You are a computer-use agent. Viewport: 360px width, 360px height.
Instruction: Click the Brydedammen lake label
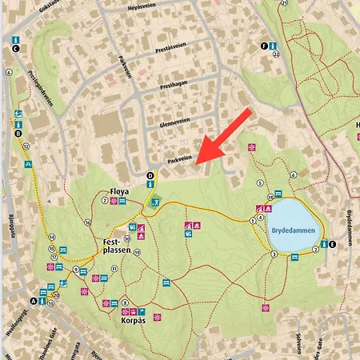pos(290,226)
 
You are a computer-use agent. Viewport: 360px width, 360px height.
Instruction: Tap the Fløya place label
pos(119,192)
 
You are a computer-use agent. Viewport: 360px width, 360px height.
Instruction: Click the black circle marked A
pos(34,301)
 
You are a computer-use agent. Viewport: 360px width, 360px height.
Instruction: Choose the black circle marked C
pos(15,49)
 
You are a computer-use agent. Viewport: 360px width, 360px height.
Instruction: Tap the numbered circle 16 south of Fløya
pos(87,222)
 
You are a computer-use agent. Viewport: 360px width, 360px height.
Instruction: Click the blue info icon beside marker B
pos(17,124)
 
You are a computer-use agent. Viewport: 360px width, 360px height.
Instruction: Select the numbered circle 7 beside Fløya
pos(105,201)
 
